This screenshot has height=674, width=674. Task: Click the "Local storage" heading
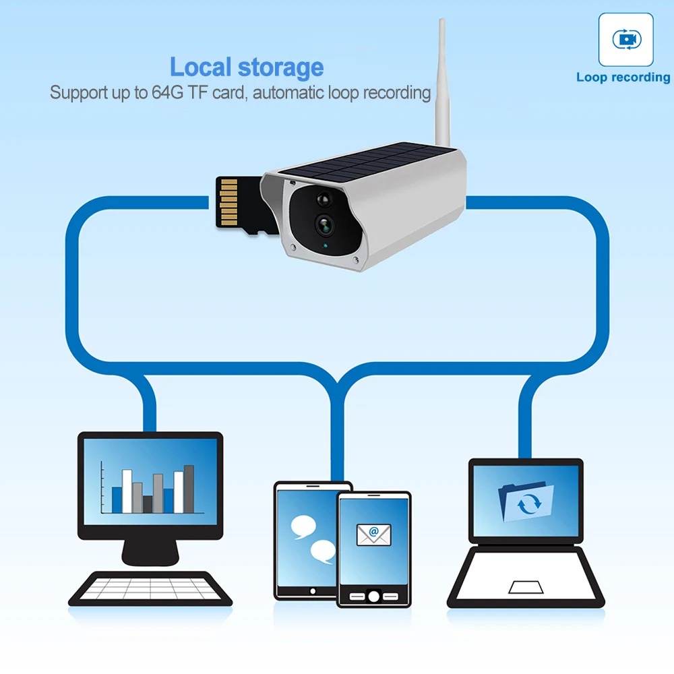[x=247, y=67]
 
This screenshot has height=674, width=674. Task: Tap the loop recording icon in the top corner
[x=626, y=40]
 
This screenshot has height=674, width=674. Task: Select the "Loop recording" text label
[x=623, y=77]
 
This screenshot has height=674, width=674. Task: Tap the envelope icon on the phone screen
[x=373, y=535]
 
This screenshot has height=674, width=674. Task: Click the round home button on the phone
[x=373, y=596]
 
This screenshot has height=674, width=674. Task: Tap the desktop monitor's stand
[x=150, y=551]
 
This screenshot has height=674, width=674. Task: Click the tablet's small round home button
[x=312, y=590]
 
